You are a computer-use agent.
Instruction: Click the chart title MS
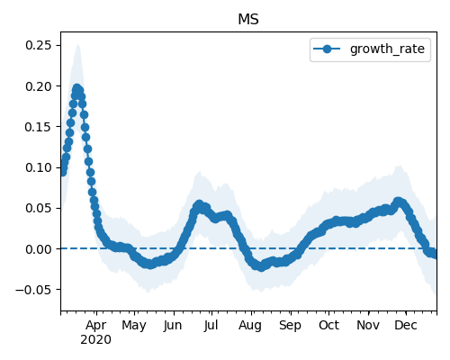(x=248, y=20)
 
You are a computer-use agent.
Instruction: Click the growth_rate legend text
(x=387, y=49)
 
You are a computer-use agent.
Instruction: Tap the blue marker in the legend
(x=327, y=49)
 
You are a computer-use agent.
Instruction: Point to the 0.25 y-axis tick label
(x=39, y=45)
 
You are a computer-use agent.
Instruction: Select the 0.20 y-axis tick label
(x=39, y=86)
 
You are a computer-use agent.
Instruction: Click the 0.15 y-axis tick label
(x=39, y=127)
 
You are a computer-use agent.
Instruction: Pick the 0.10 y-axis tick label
(x=39, y=167)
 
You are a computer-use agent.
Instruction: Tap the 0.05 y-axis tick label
(x=39, y=208)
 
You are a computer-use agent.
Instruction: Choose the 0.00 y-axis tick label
(x=39, y=249)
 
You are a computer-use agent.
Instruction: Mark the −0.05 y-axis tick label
(x=33, y=290)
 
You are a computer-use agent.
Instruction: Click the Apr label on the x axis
(x=96, y=326)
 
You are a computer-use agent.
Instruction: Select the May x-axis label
(x=134, y=326)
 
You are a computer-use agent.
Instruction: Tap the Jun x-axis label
(x=173, y=326)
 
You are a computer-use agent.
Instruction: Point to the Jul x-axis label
(x=211, y=326)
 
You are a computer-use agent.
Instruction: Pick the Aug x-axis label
(x=250, y=326)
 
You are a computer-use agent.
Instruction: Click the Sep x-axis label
(x=290, y=326)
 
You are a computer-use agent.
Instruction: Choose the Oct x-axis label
(x=328, y=326)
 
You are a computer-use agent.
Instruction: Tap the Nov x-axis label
(x=368, y=326)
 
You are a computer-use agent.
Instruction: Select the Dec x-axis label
(x=406, y=326)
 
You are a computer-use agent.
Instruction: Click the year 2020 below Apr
(x=96, y=340)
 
